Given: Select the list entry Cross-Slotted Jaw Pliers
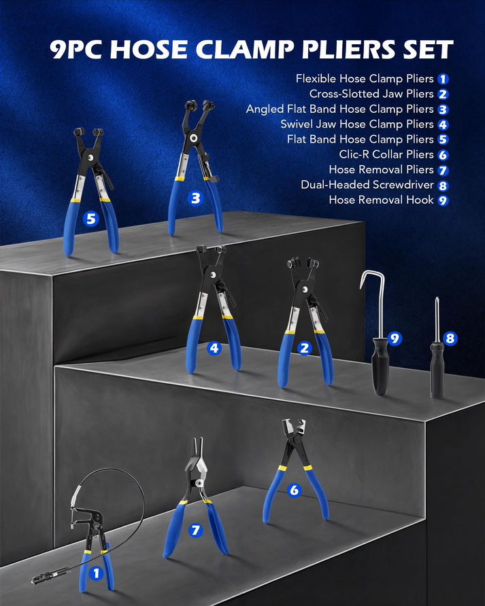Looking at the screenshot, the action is coord(371,94).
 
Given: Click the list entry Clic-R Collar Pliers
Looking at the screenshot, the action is coord(386,155).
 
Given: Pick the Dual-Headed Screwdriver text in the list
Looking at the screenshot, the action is coord(367,185).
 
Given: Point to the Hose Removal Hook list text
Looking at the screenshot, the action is coord(381,200).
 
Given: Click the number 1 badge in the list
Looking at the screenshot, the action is coord(443,79).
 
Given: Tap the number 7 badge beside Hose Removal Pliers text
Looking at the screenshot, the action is coord(443,170).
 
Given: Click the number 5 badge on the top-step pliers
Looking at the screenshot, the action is coord(90,219).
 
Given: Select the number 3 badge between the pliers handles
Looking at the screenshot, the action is coord(195,198).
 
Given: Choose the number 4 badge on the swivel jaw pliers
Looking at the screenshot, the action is coord(214,349).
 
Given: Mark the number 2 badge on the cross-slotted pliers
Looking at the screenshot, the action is coord(305,349).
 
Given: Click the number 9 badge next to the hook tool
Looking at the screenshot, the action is coord(394,338).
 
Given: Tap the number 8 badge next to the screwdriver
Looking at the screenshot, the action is coord(450,338).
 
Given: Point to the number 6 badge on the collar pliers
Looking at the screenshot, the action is coord(294,490).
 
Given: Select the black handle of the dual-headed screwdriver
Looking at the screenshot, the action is coord(437,370).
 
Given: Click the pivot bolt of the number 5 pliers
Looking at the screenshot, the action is coord(90,158).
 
